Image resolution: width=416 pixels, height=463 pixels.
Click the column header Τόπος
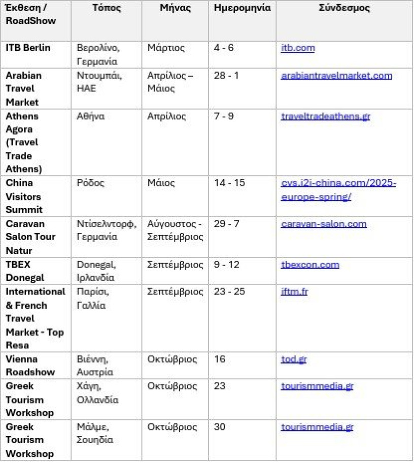click(x=106, y=8)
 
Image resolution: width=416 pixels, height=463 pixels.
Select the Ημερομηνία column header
click(x=242, y=8)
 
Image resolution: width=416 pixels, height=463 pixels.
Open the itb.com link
click(x=297, y=48)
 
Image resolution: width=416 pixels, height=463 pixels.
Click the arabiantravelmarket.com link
click(x=336, y=76)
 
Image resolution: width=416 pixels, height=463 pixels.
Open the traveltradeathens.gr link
click(x=325, y=116)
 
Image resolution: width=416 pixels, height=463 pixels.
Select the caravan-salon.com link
click(x=324, y=224)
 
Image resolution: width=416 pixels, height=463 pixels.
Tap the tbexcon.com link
click(x=310, y=264)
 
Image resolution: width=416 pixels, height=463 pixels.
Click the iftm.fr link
click(x=294, y=291)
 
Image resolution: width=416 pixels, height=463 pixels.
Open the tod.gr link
click(x=294, y=359)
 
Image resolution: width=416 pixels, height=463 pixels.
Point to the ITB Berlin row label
click(x=28, y=48)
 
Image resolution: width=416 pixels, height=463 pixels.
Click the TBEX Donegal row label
click(x=25, y=271)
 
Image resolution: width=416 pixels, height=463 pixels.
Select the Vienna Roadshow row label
click(x=30, y=366)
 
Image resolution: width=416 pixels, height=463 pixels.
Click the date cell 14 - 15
click(x=229, y=183)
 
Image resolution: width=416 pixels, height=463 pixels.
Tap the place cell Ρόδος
click(x=90, y=183)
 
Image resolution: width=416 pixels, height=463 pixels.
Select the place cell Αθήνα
click(x=90, y=116)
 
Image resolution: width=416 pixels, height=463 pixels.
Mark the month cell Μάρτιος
click(x=166, y=48)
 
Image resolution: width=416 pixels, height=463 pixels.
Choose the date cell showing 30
click(x=220, y=427)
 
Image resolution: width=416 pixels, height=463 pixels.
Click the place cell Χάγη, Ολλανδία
click(x=97, y=393)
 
